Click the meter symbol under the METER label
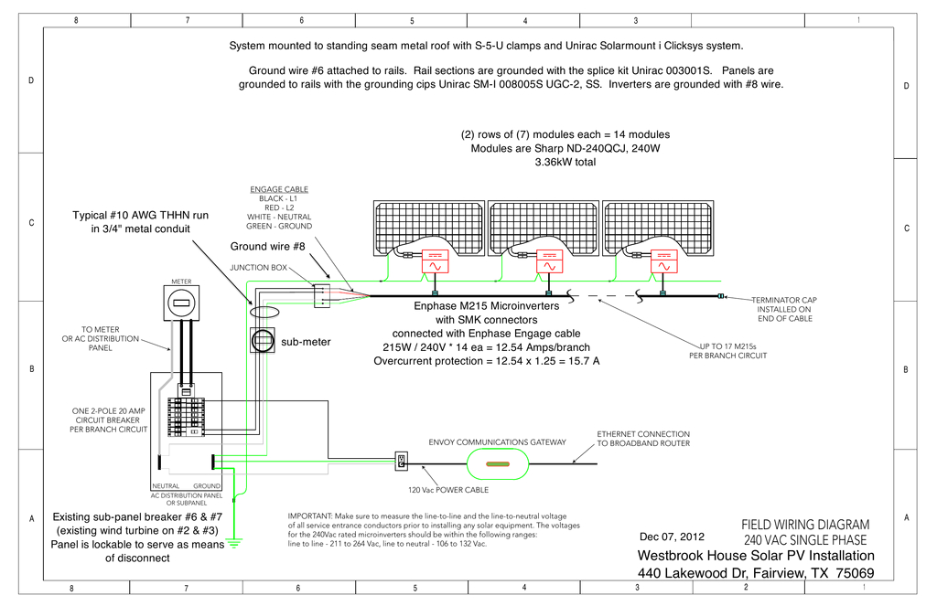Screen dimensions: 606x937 pos(181,303)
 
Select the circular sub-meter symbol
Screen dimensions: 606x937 pos(264,340)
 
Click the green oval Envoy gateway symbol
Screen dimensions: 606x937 pos(498,464)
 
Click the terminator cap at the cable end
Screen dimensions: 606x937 pos(721,295)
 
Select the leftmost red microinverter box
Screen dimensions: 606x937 pos(435,261)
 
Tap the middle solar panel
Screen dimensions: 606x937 pos(544,229)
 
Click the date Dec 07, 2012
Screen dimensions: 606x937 pos(672,537)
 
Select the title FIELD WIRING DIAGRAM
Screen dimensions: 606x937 pos(804,525)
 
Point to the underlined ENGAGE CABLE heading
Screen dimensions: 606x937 pos(279,189)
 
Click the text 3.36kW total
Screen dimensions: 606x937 pos(565,162)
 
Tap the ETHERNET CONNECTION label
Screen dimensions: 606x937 pos(643,433)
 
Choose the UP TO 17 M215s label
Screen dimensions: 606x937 pos(734,346)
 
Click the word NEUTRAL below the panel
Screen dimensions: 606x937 pos(165,485)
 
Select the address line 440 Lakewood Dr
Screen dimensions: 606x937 pos(755,573)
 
